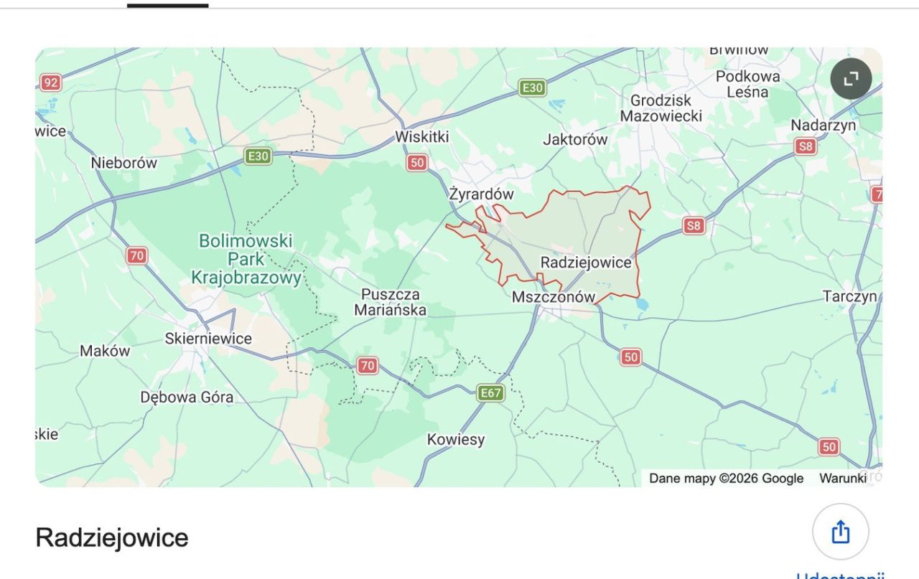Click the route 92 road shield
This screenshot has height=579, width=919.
(50, 83)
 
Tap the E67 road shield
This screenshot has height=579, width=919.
(490, 392)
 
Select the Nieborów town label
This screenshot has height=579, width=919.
(123, 163)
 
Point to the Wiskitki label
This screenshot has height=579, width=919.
(422, 137)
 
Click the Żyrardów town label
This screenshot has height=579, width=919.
(481, 194)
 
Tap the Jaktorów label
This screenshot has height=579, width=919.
(575, 139)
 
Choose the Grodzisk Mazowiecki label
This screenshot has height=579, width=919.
(661, 108)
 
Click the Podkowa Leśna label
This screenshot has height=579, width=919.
(747, 84)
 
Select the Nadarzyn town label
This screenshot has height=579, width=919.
(824, 125)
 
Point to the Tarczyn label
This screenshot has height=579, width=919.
(850, 296)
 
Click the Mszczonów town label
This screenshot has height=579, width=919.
(554, 297)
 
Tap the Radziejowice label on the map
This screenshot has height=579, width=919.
(586, 263)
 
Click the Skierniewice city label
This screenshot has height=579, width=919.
(208, 339)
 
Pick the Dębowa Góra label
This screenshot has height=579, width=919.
(187, 397)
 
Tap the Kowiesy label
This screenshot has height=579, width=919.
(456, 439)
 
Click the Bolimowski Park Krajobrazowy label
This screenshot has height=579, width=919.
(246, 259)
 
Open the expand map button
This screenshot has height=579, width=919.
(851, 78)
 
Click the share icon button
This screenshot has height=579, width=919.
(840, 532)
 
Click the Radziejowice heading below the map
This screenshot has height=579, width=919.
(112, 537)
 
